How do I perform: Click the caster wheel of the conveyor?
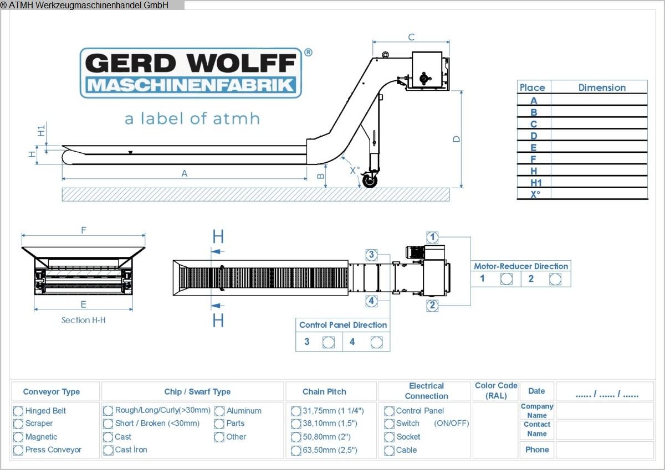click(x=370, y=180)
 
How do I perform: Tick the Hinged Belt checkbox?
click(x=18, y=411)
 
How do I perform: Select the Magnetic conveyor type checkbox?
click(x=18, y=437)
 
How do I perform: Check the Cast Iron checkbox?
click(x=108, y=450)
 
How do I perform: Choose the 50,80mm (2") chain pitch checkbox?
click(x=296, y=437)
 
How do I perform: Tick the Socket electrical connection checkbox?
click(x=389, y=437)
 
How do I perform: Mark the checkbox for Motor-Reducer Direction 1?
click(x=506, y=279)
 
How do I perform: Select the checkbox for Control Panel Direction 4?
click(x=376, y=342)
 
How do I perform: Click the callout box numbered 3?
click(x=371, y=255)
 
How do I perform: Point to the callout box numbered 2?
click(x=432, y=305)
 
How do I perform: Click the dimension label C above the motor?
click(x=411, y=37)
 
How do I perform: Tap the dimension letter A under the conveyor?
click(x=185, y=173)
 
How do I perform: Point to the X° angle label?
click(x=355, y=171)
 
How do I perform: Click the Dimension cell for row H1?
click(x=599, y=182)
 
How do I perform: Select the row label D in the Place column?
click(x=534, y=136)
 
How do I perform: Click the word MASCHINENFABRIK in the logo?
click(x=191, y=86)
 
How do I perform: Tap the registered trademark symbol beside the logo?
click(x=309, y=53)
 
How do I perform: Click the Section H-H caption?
click(x=84, y=320)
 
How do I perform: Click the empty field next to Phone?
click(x=605, y=450)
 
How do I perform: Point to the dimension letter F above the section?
click(x=84, y=230)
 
